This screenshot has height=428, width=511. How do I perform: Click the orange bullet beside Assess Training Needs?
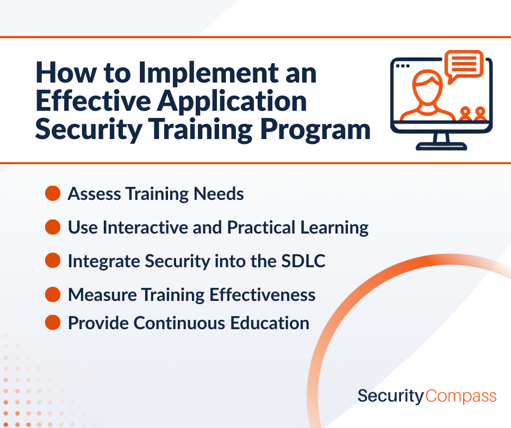pos(53,193)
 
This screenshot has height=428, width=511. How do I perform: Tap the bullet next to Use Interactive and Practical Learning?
pos(53,227)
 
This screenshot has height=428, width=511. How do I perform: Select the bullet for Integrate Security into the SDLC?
pos(53,261)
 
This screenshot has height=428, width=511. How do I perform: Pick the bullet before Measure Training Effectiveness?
pos(53,294)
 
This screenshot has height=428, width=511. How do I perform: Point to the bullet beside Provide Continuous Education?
pos(53,323)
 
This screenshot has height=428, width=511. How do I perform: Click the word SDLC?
pos(303,261)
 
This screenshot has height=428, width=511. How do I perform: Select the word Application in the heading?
pos(232,102)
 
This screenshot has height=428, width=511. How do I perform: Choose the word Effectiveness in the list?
pos(263,295)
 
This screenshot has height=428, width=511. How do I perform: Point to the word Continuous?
pos(179,323)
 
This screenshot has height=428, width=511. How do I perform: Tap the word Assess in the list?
pos(95,194)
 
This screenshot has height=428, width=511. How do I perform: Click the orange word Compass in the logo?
pos(461,396)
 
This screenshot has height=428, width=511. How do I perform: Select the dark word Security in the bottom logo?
pos(391,396)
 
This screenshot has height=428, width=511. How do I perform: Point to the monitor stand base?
pos(441,147)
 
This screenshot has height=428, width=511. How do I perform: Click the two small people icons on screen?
pos(473,114)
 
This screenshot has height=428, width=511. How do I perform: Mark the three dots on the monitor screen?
pos(403,66)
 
